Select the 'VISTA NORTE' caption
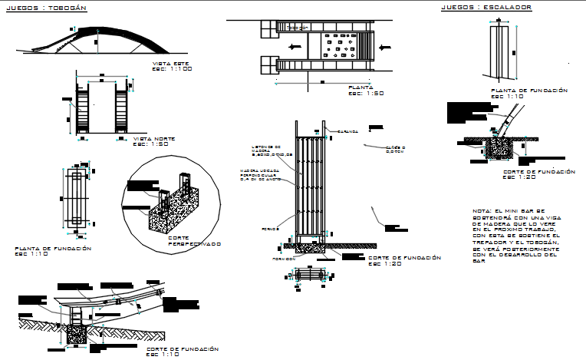(154, 138)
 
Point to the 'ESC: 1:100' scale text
(172, 69)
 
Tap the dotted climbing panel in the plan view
(337, 45)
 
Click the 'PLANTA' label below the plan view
(360, 88)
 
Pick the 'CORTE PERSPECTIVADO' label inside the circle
(194, 241)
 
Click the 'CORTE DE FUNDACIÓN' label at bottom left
(182, 349)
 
